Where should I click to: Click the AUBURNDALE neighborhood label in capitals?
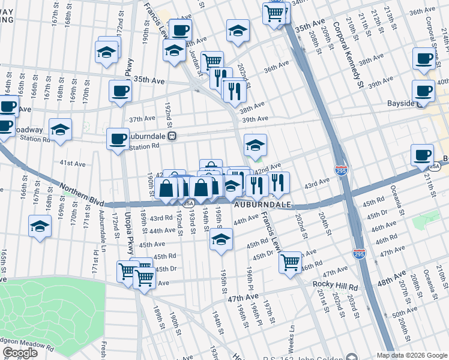click(x=262, y=205)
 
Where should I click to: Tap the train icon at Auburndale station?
click(x=172, y=136)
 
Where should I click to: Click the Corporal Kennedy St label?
click(x=353, y=55)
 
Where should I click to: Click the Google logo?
click(x=20, y=353)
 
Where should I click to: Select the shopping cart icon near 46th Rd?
click(x=291, y=262)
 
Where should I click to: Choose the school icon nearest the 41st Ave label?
click(x=59, y=129)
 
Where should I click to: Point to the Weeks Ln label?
click(x=292, y=340)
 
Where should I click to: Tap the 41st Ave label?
click(x=72, y=163)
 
